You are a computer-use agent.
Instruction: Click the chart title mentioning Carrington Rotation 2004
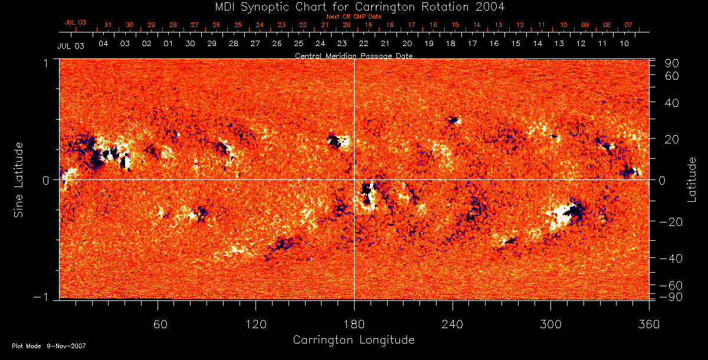353,6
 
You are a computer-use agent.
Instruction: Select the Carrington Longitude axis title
353,340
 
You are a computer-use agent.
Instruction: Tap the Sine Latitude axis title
19,179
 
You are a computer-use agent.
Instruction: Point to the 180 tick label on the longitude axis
354,325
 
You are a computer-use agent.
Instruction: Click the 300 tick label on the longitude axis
550,325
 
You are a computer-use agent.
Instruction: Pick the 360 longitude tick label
648,325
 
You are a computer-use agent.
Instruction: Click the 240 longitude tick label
452,325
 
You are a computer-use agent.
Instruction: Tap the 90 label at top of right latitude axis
673,63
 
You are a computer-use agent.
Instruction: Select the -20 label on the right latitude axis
670,222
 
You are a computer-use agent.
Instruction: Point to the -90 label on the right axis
670,297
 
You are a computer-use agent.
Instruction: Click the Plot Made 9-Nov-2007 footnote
48,346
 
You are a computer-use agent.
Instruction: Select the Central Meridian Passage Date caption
353,55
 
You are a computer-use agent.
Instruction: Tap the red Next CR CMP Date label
353,17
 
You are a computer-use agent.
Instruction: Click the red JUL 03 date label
75,22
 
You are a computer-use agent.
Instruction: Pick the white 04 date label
103,44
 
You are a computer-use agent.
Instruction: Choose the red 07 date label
628,25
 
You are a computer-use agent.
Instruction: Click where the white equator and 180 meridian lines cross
354,179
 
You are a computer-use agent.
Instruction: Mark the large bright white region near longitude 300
560,215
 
